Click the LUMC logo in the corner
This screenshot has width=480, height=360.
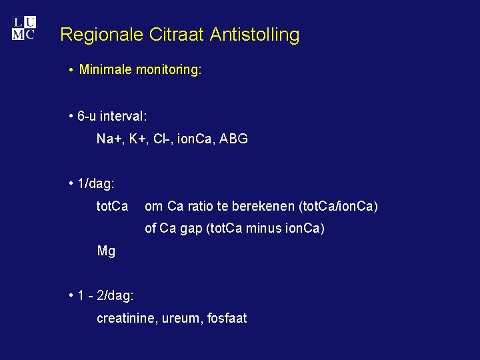[23, 28]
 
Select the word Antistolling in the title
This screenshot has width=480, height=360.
[255, 35]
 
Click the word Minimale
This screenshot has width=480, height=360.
[106, 69]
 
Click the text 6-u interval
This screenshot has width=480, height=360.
[112, 116]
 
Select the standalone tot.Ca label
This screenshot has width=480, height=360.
[113, 207]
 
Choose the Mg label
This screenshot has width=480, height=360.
[106, 251]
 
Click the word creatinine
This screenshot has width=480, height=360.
[126, 319]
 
